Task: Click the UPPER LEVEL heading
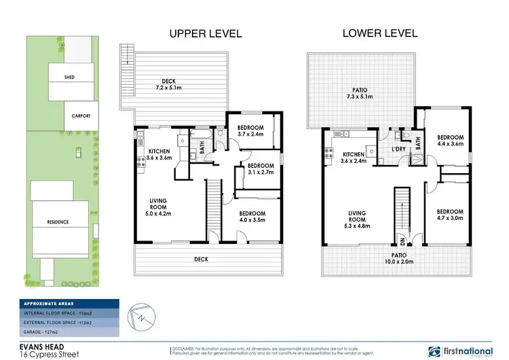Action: click(x=204, y=33)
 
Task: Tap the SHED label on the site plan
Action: click(x=69, y=77)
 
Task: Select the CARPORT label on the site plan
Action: click(x=81, y=115)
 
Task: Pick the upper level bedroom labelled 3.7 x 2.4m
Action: click(x=250, y=130)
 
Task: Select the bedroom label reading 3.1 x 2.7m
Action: click(x=261, y=169)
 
